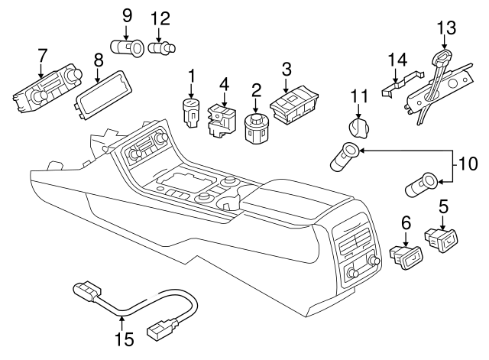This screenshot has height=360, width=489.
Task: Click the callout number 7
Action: (x=42, y=56)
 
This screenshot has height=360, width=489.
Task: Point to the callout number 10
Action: (x=467, y=163)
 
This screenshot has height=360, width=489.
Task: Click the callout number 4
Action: (x=224, y=83)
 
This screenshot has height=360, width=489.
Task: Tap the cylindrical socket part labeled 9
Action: (x=128, y=49)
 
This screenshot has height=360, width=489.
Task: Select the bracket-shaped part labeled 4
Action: (x=222, y=119)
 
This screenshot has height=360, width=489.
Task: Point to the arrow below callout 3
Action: (x=287, y=87)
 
